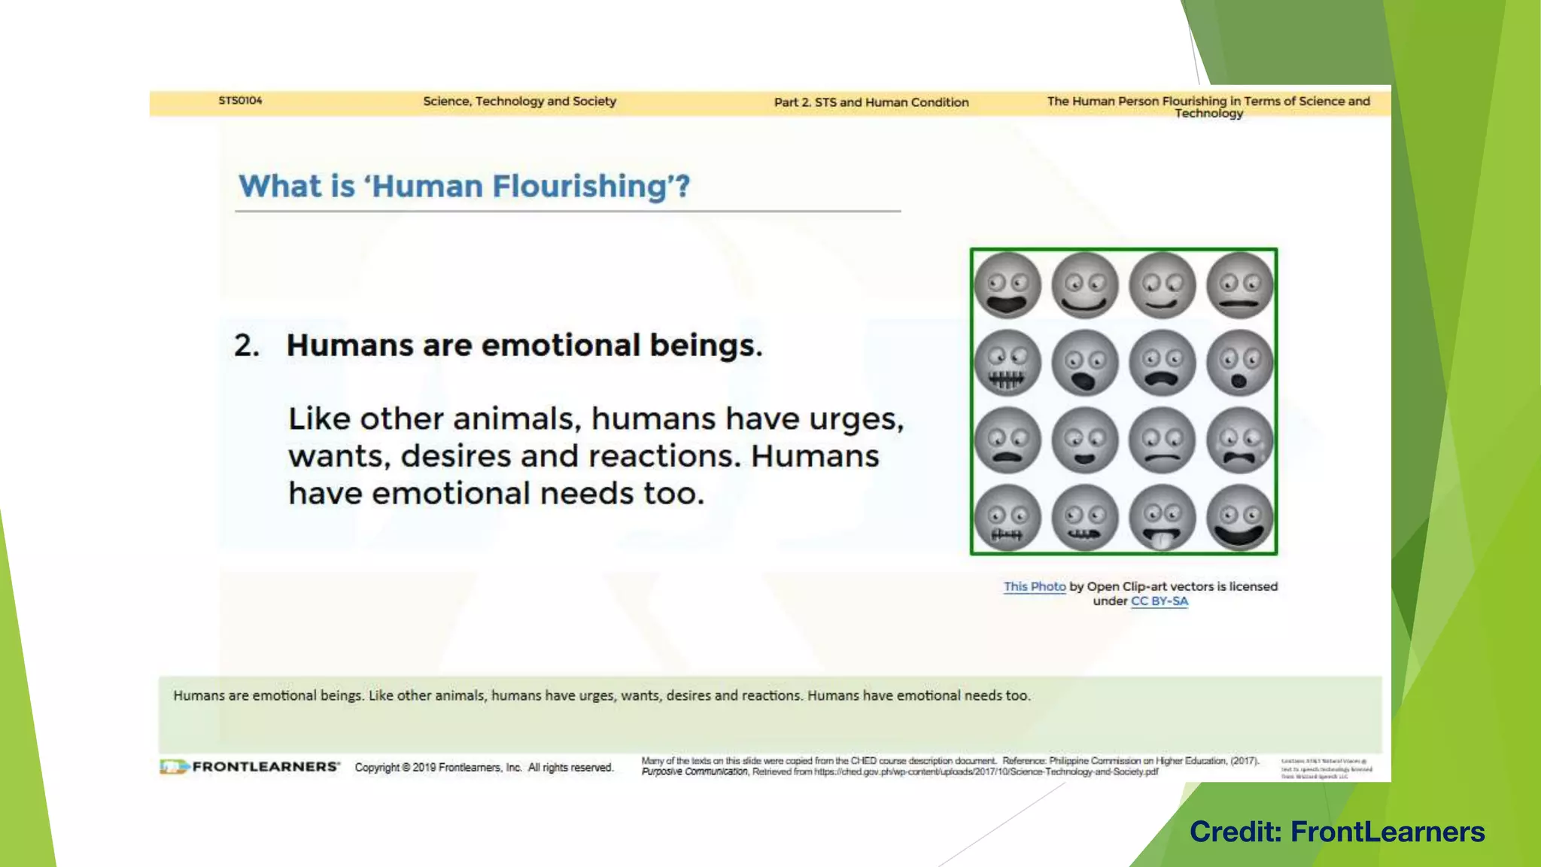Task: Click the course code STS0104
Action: (x=240, y=101)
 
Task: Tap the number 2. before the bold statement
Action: (x=246, y=345)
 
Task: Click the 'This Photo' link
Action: (x=1035, y=586)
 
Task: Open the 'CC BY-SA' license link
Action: (x=1159, y=601)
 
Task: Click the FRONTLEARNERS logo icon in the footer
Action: (x=174, y=767)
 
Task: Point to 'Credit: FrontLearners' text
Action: (x=1337, y=832)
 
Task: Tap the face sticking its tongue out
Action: (x=1162, y=518)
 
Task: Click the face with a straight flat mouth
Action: (x=1239, y=286)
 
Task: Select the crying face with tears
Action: (x=1239, y=440)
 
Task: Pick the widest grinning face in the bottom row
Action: (x=1239, y=518)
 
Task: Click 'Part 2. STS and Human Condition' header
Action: (x=871, y=102)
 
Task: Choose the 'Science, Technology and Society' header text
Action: (x=519, y=101)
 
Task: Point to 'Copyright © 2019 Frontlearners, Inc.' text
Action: (x=439, y=768)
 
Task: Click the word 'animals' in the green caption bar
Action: (x=459, y=695)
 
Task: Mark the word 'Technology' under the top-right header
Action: (x=1208, y=114)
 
